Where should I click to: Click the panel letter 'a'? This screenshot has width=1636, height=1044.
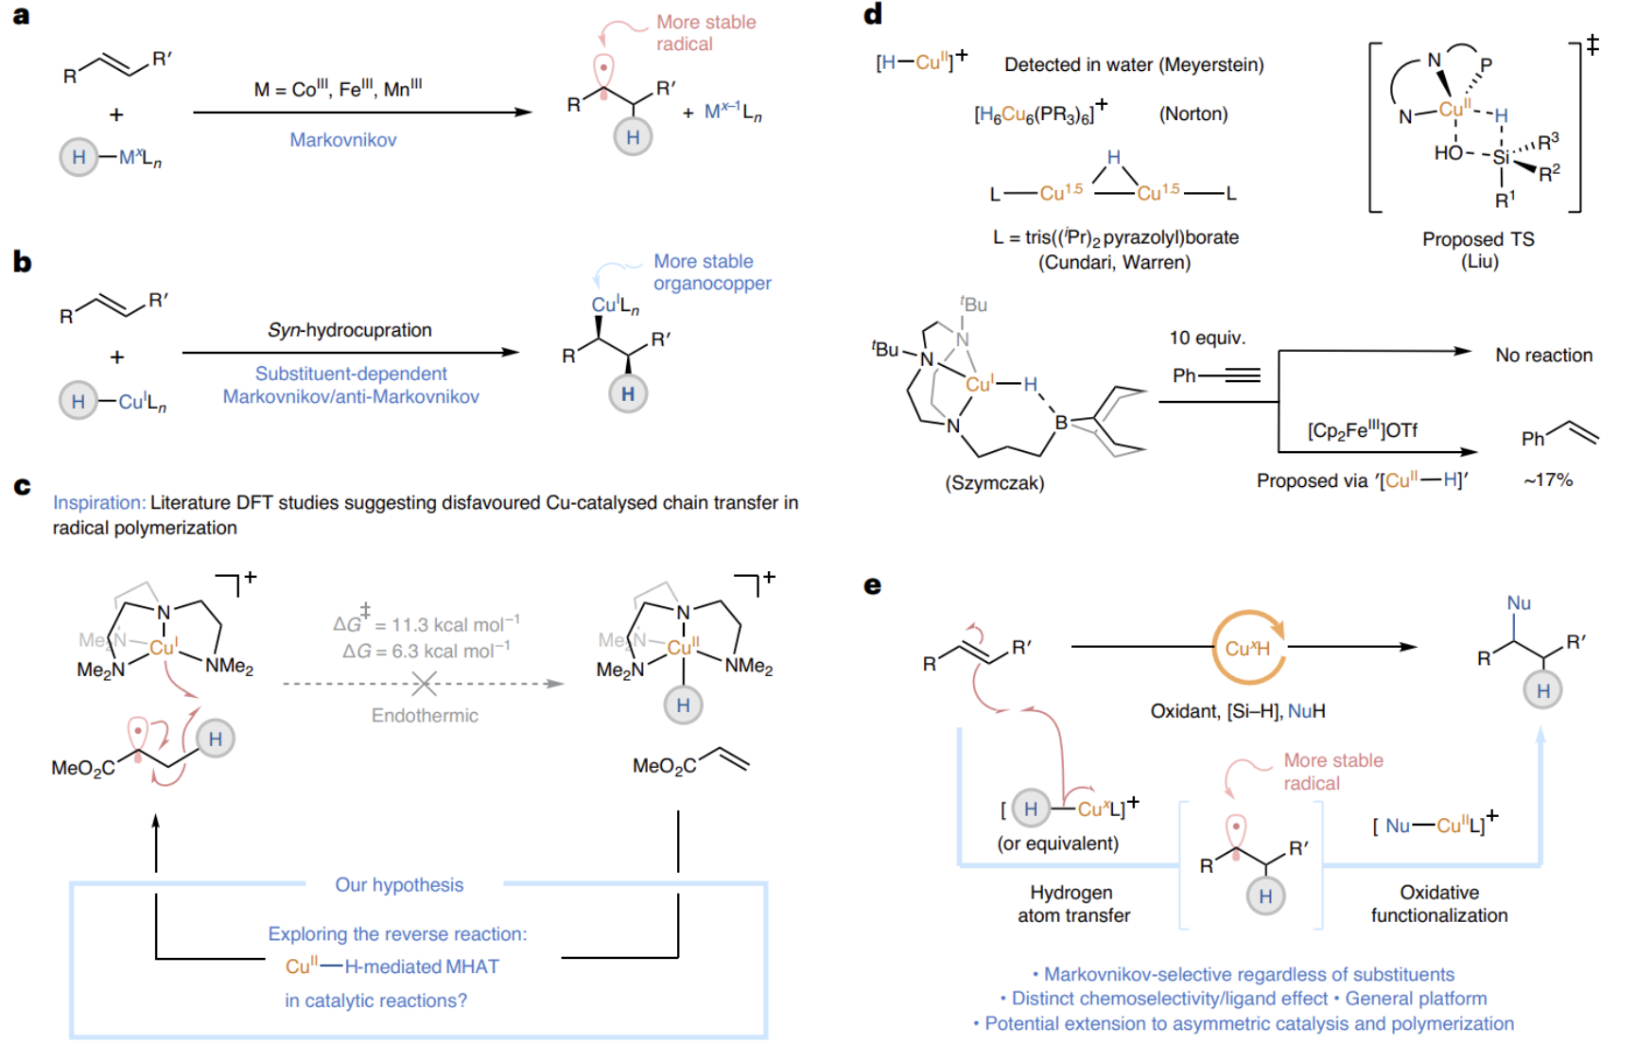[21, 16]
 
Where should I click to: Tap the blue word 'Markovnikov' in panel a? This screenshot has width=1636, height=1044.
[342, 140]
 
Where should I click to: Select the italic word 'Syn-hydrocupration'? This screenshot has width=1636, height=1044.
[349, 330]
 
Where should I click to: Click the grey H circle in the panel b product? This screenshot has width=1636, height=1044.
[628, 393]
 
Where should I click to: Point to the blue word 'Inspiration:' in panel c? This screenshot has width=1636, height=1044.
[98, 503]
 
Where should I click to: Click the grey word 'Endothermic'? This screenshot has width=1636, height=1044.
[425, 716]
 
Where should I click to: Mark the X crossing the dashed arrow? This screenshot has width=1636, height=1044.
[425, 683]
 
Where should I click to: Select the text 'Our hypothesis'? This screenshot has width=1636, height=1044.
[399, 885]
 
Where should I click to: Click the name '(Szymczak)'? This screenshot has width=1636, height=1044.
[995, 483]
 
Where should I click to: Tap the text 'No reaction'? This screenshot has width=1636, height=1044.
[1543, 356]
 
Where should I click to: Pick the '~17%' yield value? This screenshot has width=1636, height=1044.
[1548, 480]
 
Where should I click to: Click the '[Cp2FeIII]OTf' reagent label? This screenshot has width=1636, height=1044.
[1363, 431]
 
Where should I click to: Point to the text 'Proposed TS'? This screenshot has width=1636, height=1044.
[1478, 239]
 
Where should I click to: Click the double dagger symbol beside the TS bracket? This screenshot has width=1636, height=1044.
[1592, 44]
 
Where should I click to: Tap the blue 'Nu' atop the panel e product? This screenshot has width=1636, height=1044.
[1519, 603]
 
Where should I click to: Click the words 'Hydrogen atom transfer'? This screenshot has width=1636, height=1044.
[1073, 904]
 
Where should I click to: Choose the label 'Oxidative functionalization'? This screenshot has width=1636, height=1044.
[1439, 904]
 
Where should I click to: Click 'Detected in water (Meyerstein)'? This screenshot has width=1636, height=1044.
[1134, 65]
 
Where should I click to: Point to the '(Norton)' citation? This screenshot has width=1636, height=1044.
[1193, 114]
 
